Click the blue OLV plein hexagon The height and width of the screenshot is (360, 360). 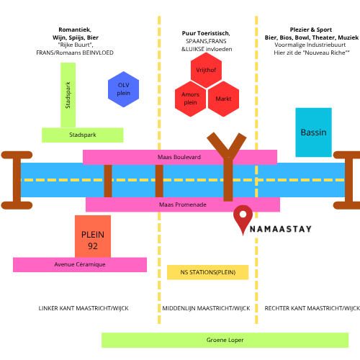point(123,89)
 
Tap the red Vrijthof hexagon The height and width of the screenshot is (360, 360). point(206,70)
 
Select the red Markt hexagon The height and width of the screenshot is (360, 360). point(223,99)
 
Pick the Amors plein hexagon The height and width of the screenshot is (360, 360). point(190,99)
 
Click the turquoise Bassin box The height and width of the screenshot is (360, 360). point(313,132)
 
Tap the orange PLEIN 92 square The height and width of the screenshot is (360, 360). point(93,236)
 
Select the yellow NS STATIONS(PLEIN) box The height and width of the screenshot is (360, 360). point(208,272)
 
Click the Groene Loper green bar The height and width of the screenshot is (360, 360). point(225,340)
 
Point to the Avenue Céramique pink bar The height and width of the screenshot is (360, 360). point(80,265)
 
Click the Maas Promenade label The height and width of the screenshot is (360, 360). point(183,204)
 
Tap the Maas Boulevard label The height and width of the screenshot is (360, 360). point(179,157)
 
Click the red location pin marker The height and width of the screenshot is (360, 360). point(243,218)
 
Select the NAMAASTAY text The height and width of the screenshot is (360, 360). point(281,229)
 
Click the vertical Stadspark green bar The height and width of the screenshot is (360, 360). point(68,95)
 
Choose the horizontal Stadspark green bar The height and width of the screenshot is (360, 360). point(83,135)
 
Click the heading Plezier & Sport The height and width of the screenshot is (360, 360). point(311,30)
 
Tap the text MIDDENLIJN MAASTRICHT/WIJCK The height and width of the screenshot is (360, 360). point(206,308)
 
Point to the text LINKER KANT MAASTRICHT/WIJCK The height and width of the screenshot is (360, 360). point(84,308)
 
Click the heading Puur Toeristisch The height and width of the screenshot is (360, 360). point(206,33)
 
